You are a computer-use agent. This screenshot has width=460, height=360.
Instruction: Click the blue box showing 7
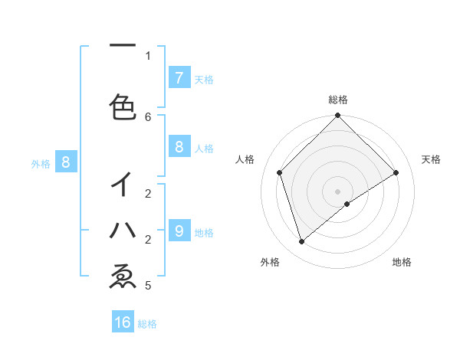pos(179,78)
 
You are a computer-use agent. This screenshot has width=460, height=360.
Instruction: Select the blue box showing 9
pos(179,231)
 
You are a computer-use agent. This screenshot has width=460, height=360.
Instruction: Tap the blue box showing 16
pos(123,322)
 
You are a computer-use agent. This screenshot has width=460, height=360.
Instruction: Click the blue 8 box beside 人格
pos(179,147)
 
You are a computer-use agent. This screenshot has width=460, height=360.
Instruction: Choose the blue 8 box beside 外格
pos(66,162)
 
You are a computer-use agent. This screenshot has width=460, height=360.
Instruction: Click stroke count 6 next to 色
pos(148,116)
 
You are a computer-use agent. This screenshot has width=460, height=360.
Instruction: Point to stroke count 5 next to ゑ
pos(148,286)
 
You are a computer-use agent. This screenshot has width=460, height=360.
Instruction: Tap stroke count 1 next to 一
pos(148,55)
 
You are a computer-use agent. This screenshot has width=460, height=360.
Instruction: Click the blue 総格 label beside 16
pos(148,324)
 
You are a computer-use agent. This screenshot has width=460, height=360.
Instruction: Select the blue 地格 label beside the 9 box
pos(205,232)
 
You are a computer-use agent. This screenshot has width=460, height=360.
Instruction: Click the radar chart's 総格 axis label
pos(338,100)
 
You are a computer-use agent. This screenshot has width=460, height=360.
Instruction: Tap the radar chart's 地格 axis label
pos(402,262)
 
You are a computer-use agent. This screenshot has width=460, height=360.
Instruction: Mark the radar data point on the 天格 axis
pos(396,172)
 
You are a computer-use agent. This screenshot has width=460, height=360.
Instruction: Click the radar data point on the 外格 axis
pos(302,242)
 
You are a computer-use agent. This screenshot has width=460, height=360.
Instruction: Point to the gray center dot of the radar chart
pos(338,191)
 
